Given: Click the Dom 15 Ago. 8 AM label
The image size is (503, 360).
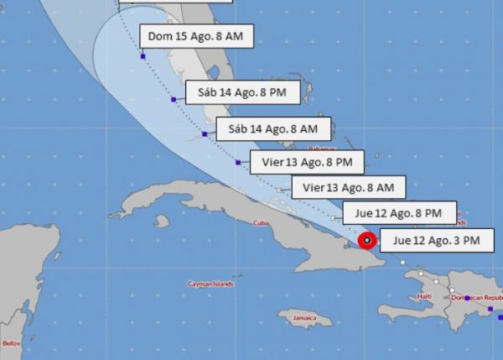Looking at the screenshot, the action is pos(199,36).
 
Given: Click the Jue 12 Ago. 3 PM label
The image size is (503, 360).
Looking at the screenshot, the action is pos(437,241).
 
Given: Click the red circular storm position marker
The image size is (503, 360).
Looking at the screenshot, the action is pos(367,242).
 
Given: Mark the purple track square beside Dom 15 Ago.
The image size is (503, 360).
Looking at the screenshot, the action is pos(143,56).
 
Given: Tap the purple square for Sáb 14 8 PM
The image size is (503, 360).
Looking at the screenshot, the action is pos(174,99).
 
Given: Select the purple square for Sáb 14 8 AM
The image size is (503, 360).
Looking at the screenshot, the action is pos(205,134).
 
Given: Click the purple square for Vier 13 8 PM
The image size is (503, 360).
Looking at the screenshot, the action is pos(239,163).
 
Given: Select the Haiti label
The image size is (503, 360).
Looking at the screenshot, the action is pos(425,296).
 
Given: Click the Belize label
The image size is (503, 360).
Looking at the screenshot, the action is pos(11,342).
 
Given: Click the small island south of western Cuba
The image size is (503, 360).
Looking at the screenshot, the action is pos(162,222).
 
